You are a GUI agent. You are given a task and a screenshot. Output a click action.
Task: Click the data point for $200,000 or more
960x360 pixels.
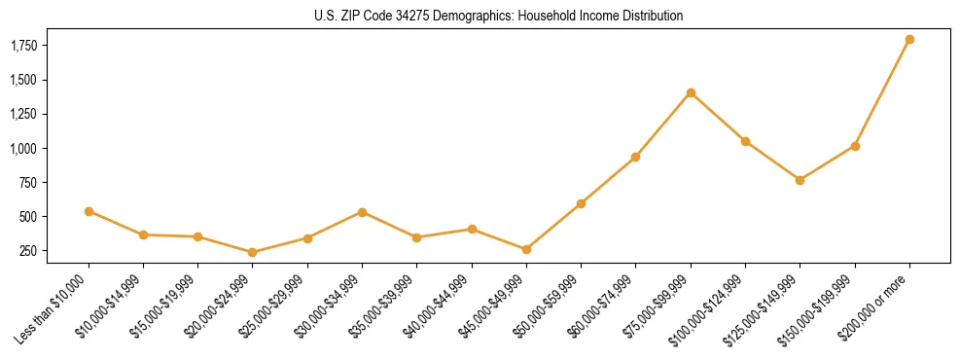point(909,39)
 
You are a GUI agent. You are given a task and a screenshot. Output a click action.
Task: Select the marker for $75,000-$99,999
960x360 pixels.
point(691,92)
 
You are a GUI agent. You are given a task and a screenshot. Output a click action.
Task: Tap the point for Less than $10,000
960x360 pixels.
point(89,211)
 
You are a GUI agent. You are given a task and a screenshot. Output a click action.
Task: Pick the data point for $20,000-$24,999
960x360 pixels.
point(253,252)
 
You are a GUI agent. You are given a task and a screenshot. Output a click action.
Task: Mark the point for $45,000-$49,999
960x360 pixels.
point(526,249)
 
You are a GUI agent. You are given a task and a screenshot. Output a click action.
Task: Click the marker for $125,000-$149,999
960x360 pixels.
point(800,180)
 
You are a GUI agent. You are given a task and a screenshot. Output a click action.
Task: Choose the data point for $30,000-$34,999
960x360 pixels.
point(362,212)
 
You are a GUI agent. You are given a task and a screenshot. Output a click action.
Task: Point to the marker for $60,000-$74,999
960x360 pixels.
point(635,157)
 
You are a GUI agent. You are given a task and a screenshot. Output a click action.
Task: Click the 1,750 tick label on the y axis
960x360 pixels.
point(24,46)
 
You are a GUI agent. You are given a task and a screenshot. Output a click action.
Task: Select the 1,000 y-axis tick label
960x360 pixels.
point(24,149)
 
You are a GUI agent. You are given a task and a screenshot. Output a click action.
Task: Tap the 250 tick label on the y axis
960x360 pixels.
point(29,251)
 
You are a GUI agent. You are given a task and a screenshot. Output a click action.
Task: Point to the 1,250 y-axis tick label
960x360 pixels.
point(24,114)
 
